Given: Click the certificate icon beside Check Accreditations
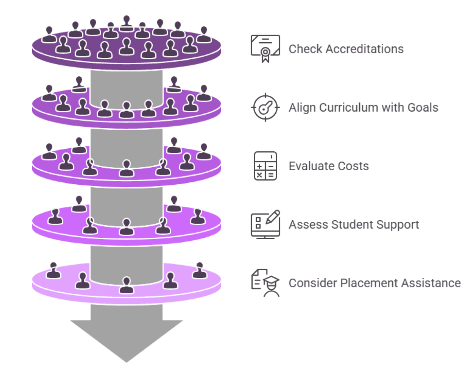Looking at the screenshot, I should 265,49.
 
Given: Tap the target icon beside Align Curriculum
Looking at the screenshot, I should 265,108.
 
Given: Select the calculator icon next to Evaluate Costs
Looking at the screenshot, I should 265,166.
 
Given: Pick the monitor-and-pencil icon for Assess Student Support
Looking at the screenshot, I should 265,224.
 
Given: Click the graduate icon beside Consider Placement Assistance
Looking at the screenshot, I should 265,283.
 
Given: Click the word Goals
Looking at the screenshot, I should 423,108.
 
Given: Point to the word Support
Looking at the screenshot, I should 398,225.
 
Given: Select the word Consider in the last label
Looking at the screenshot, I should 313,283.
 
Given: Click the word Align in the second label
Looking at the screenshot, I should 302,108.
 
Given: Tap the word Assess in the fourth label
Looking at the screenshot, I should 308,224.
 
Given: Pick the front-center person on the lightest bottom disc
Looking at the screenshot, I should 126,286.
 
